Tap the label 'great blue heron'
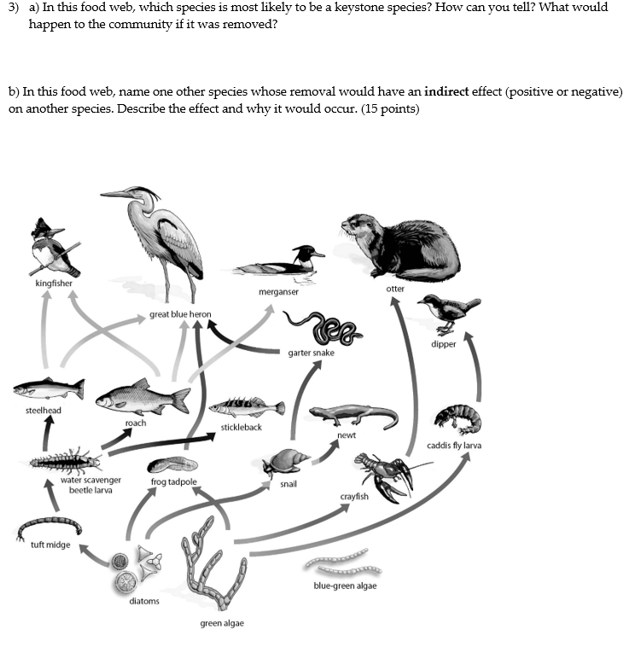tap(180, 314)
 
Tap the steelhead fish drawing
tap(48, 388)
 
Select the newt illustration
tap(353, 417)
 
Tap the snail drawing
tap(286, 463)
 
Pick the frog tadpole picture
tap(172, 466)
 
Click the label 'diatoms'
tap(144, 601)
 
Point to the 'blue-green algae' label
tap(345, 586)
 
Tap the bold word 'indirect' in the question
tap(446, 91)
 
